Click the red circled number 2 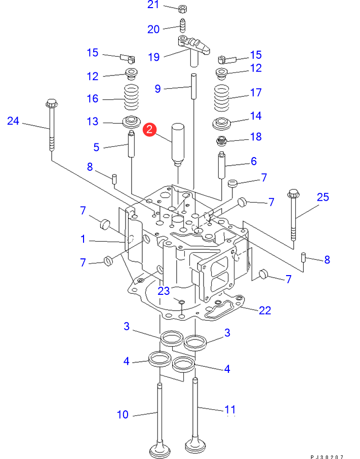pos(149,129)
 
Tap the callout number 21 pos(153,5)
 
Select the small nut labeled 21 pos(182,8)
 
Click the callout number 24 pos(13,121)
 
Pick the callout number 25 pos(323,197)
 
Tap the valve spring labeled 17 pos(222,98)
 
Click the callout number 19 pos(154,57)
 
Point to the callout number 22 pos(265,310)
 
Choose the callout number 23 pos(164,291)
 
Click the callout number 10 pos(123,414)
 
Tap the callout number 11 pos(230,409)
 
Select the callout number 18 pos(256,137)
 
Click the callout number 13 pos(93,122)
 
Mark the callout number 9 pos(157,88)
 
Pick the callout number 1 pos(83,239)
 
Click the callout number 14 pos(256,116)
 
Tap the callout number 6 pos(254,161)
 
